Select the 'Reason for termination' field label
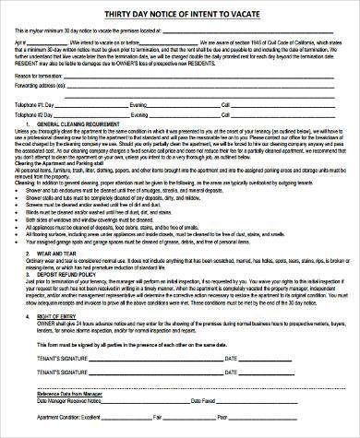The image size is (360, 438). [34, 75]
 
